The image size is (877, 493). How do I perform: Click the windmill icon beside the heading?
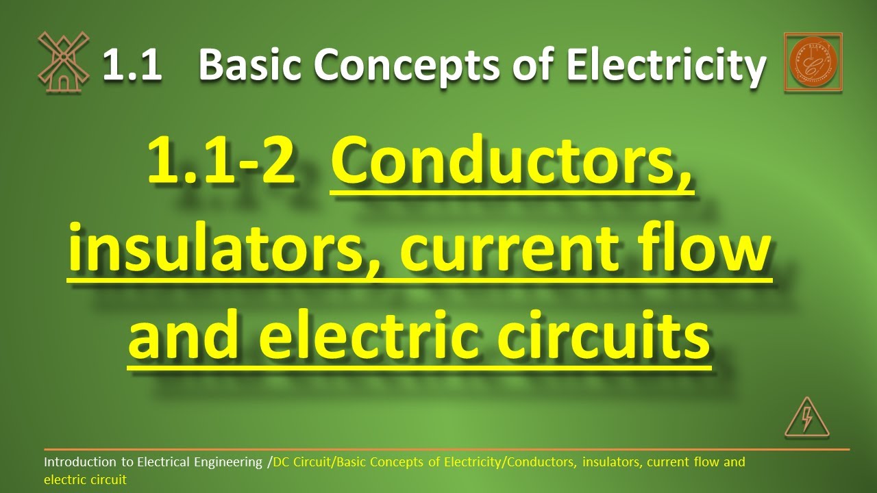(63, 62)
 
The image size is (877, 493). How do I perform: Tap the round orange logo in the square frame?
(813, 62)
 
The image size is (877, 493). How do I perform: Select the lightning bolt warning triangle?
(806, 418)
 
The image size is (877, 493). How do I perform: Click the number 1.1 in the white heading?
(132, 66)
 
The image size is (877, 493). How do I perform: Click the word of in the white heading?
(535, 66)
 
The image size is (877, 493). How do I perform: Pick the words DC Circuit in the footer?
(301, 462)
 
